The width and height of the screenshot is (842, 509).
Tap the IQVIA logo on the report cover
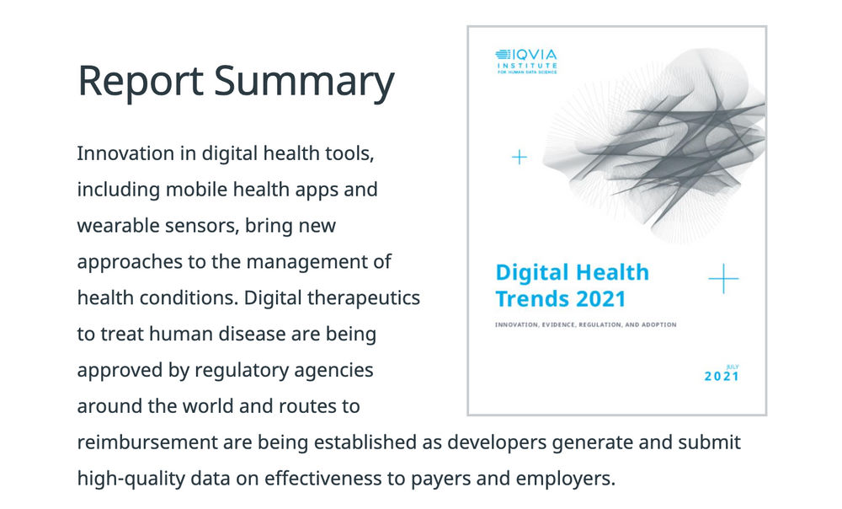click(526, 56)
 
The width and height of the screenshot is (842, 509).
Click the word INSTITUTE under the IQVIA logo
click(527, 66)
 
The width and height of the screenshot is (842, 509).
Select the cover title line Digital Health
click(572, 273)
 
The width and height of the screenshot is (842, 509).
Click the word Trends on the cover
click(527, 298)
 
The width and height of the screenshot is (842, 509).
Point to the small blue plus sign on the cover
click(520, 157)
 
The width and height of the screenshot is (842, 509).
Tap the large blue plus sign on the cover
click(723, 278)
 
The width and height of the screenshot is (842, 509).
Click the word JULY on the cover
click(732, 367)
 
